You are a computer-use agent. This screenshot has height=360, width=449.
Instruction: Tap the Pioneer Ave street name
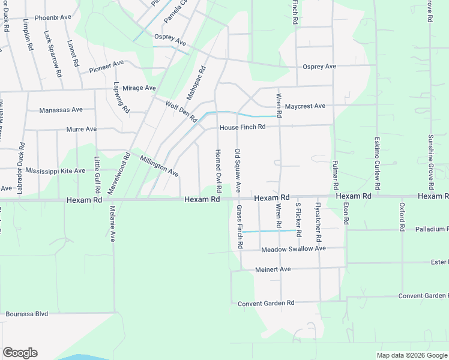point(106,67)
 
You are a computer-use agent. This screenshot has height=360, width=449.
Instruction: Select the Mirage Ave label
point(139,88)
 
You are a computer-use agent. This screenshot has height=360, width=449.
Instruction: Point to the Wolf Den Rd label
point(181,111)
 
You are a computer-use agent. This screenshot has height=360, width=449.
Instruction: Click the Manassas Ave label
point(61,110)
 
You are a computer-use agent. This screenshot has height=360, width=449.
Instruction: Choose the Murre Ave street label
point(82,129)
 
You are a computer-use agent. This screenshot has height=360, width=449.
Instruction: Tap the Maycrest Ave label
point(305,106)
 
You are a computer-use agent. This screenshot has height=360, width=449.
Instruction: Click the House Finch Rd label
point(242,127)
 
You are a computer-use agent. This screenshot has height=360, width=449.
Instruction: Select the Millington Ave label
point(159,166)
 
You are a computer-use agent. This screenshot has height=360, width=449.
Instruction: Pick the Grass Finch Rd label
point(239,227)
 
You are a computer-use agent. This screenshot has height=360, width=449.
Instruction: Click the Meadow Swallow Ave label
point(293,248)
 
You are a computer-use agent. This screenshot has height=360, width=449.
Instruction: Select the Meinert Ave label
point(273,269)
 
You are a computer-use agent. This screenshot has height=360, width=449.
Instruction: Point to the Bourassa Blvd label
point(26,314)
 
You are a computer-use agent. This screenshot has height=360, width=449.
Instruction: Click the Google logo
point(20,353)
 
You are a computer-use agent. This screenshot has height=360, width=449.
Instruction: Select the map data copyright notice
point(412,355)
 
